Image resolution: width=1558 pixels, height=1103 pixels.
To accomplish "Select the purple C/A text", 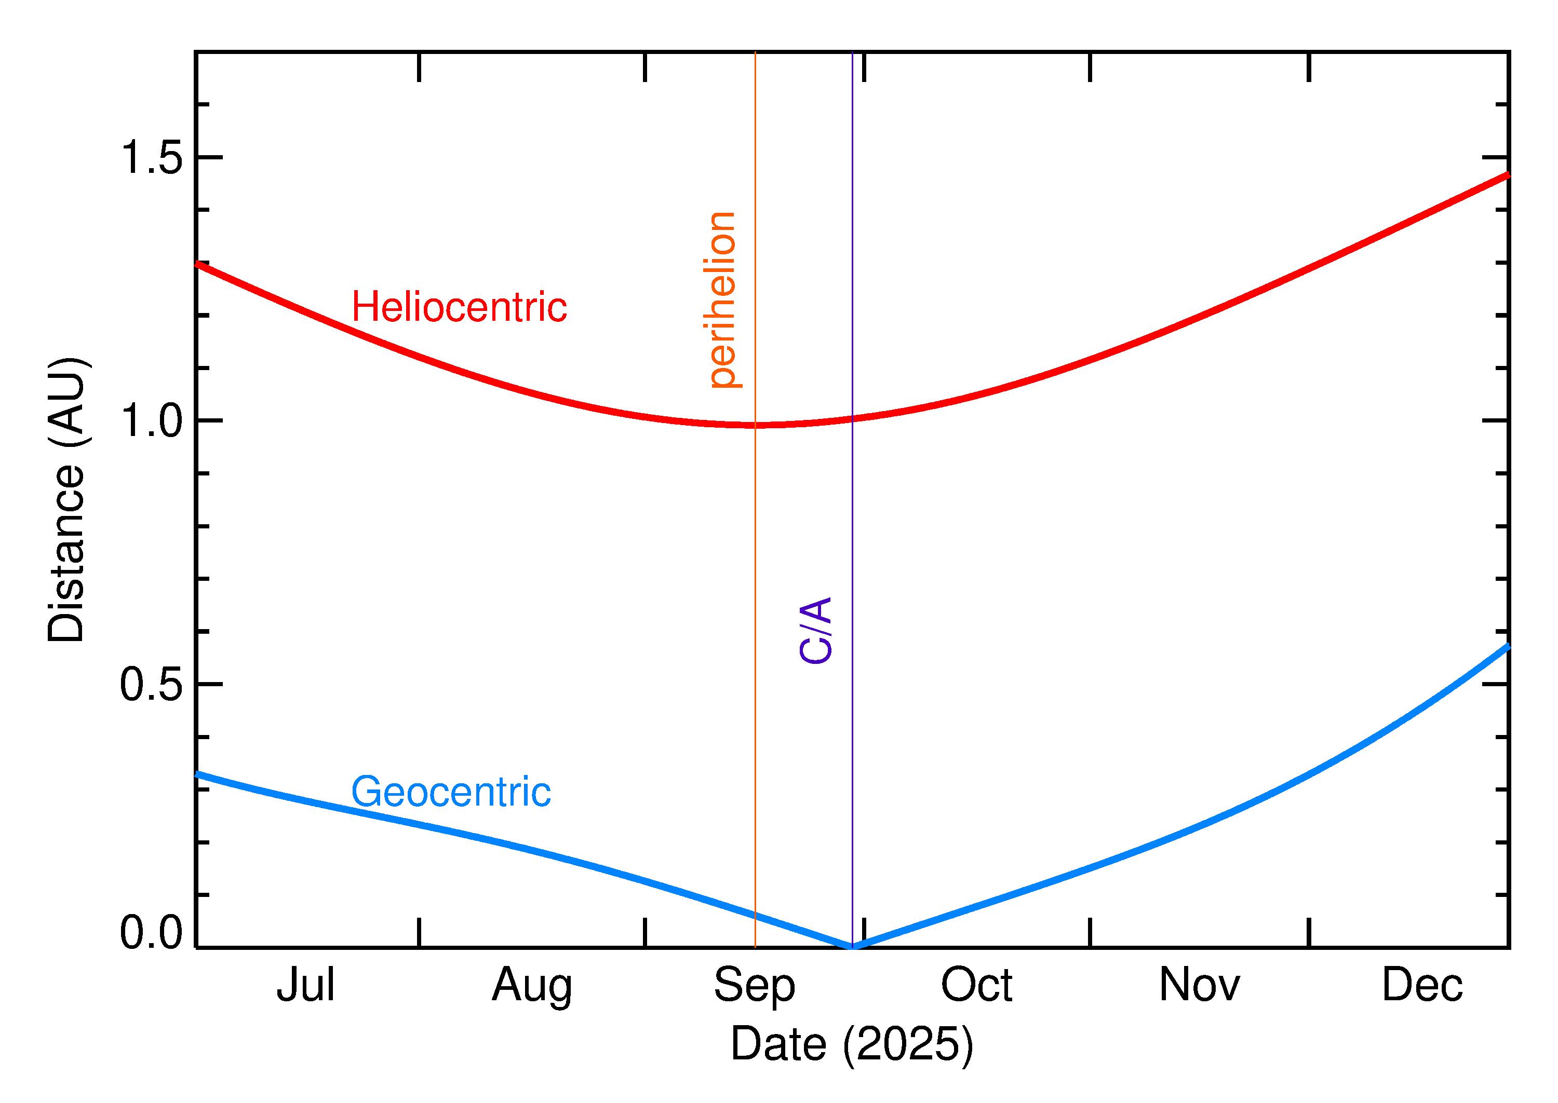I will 815,630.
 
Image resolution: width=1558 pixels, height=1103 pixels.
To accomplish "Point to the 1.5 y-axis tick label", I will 152,158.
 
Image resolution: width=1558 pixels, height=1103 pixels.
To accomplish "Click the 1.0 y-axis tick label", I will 152,421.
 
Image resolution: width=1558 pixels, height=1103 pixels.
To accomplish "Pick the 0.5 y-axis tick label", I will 152,684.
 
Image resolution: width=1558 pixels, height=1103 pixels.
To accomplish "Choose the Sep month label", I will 754,986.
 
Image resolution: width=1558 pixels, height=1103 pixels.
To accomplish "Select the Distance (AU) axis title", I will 66,499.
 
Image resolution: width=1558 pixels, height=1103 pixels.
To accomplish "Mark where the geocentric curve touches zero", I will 852,947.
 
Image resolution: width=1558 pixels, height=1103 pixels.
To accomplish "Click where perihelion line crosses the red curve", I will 755,425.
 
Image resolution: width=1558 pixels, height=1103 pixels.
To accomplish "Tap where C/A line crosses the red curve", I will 852,419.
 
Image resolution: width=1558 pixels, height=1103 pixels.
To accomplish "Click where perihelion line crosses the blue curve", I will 755,914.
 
